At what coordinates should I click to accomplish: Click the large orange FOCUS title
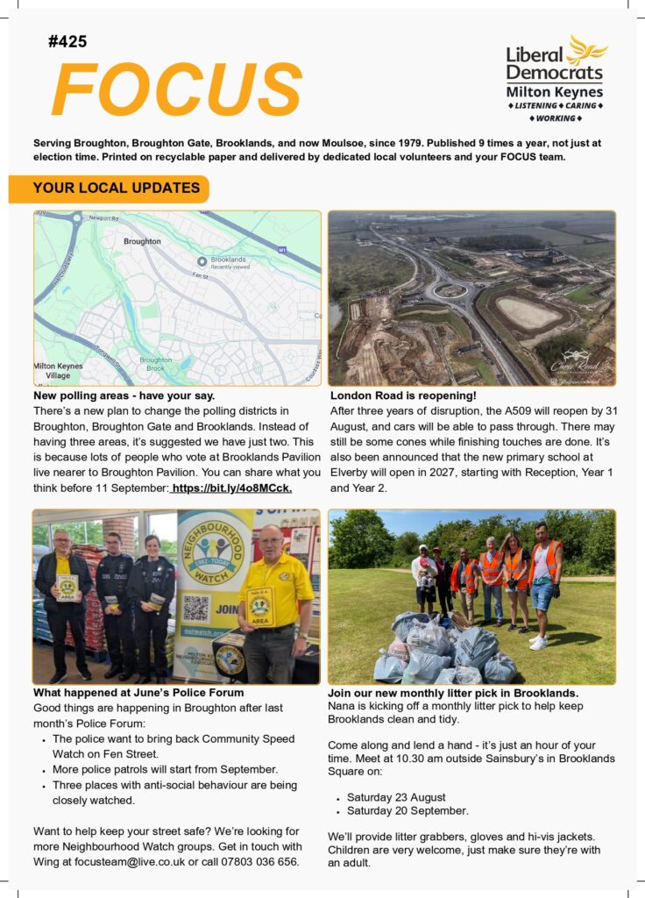click(x=176, y=90)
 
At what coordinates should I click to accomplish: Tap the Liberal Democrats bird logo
click(x=586, y=50)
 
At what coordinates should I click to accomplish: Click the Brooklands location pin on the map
click(x=202, y=261)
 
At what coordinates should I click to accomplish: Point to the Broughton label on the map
click(x=142, y=241)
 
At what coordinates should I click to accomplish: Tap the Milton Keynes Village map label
click(x=58, y=370)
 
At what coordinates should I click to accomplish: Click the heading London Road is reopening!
click(x=391, y=396)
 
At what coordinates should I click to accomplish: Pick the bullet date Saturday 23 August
click(x=396, y=797)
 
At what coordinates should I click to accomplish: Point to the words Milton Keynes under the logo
click(x=555, y=92)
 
